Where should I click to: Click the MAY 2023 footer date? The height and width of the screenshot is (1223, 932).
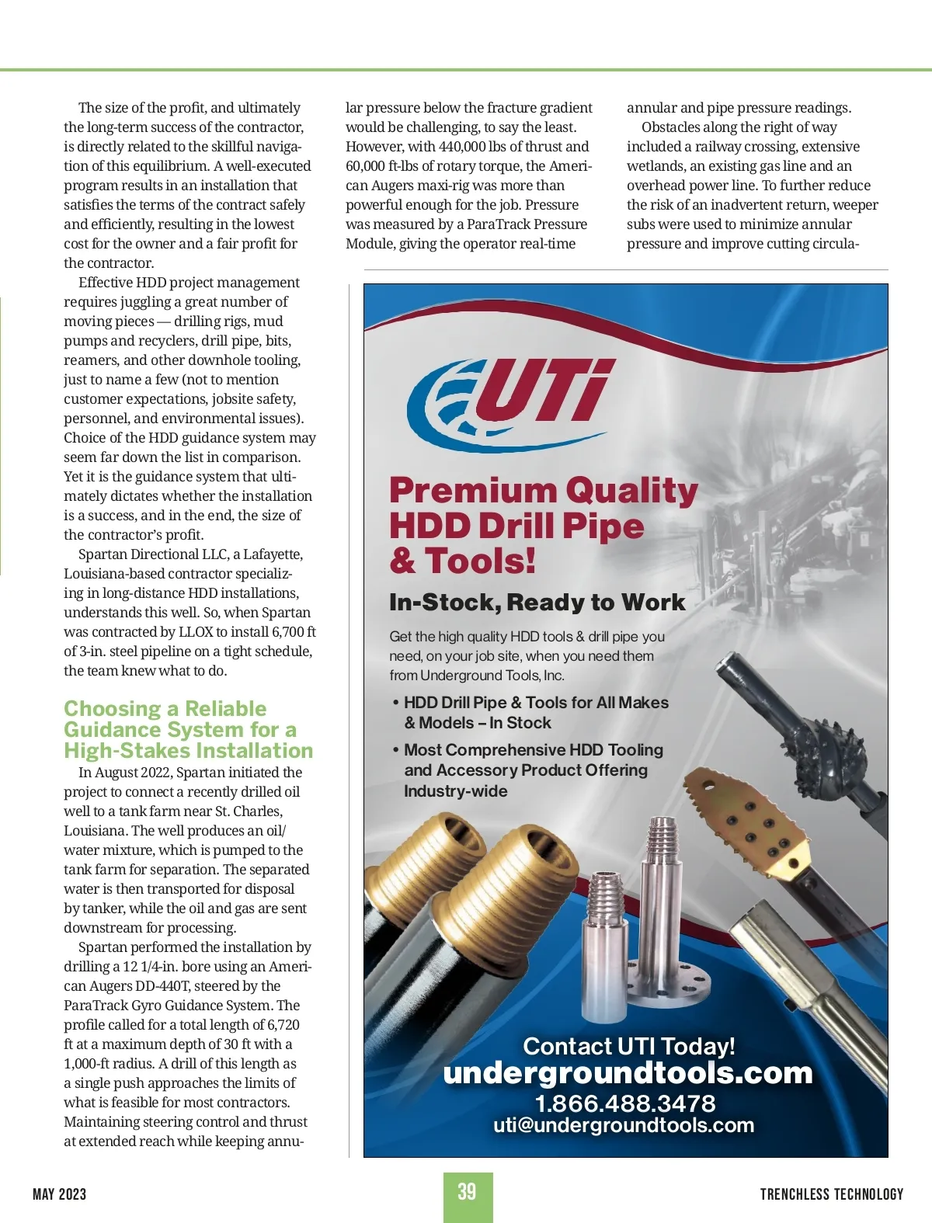tap(59, 1194)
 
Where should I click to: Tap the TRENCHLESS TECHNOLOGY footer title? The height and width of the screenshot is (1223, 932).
tap(831, 1194)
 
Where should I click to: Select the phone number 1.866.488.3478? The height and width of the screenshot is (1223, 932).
tap(625, 1103)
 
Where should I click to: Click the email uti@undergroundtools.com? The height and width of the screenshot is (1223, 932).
tap(624, 1125)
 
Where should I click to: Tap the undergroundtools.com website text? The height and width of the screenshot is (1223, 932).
tap(628, 1073)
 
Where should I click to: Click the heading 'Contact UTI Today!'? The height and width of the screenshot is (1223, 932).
tap(628, 1046)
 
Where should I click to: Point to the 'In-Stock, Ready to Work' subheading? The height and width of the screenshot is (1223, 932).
tap(537, 603)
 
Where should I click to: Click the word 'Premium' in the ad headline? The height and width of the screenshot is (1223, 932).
tap(472, 491)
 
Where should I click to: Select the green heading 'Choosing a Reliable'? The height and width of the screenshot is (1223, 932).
tap(165, 709)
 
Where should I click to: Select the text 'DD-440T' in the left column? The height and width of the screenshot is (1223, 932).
tap(162, 986)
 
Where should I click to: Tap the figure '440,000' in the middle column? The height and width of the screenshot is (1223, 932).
tap(464, 147)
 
